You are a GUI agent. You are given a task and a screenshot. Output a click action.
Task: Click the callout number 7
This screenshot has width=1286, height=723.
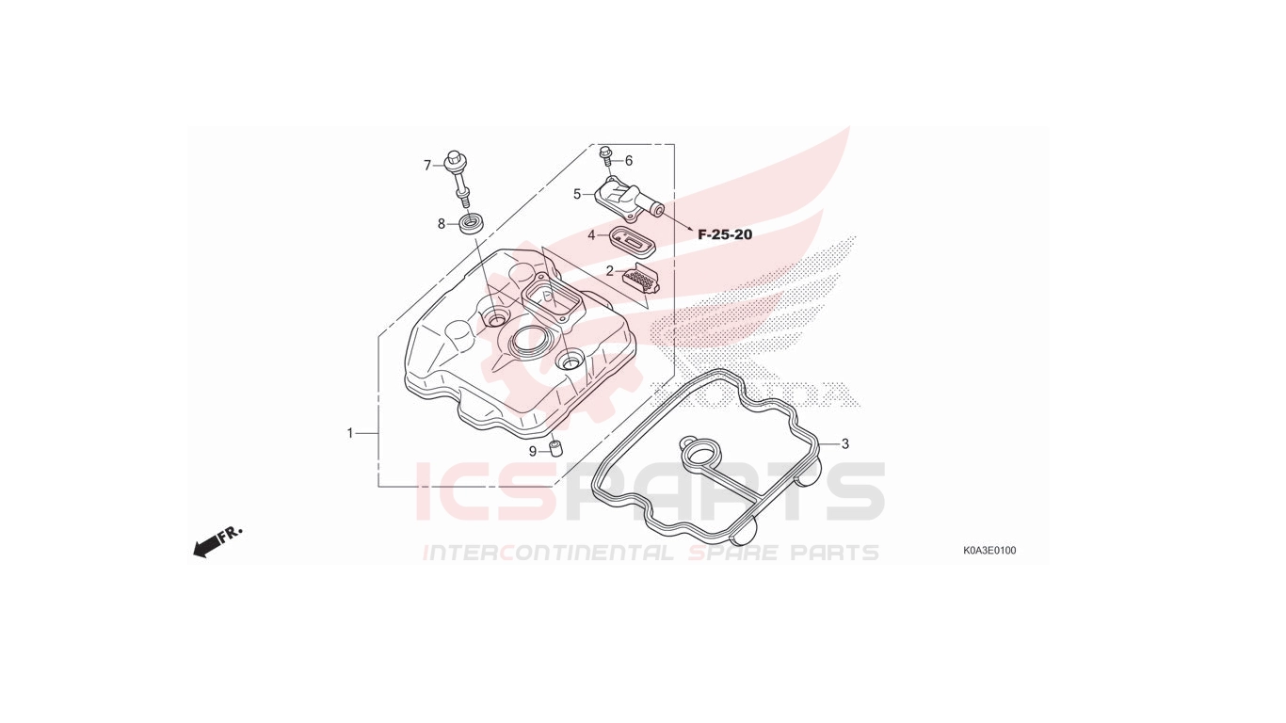[427, 166]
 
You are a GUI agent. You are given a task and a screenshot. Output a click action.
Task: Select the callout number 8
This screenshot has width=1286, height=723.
[441, 224]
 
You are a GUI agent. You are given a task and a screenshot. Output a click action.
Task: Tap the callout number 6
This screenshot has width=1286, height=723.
[629, 161]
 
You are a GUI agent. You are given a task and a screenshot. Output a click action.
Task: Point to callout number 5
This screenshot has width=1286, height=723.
[577, 194]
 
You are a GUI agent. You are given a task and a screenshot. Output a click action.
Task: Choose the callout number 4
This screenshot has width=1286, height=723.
[591, 234]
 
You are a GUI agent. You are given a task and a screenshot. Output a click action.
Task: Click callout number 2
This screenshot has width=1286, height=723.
[610, 271]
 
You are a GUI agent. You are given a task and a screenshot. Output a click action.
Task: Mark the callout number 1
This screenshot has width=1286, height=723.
[350, 433]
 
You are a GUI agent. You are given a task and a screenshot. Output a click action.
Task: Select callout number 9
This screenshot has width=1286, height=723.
[533, 452]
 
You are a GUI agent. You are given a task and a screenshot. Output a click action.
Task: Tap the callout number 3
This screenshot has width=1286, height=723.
[844, 444]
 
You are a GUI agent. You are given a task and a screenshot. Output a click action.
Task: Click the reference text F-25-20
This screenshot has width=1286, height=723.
[725, 234]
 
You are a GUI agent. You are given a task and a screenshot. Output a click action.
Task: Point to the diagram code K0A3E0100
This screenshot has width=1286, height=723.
[989, 551]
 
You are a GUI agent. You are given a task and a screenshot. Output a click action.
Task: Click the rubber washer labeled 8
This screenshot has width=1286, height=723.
[470, 222]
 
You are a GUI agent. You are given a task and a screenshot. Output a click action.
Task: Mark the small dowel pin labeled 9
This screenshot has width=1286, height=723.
[555, 447]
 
